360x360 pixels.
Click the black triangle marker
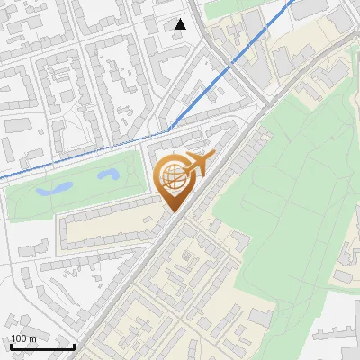coord(181,24)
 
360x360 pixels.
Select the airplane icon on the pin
coord(199,165)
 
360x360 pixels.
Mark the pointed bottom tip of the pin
coord(174,212)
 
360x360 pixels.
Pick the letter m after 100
coord(33,338)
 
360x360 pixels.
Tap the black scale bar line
coord(42,346)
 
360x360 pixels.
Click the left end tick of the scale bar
coord(11,345)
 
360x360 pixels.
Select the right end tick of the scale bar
coord(74,345)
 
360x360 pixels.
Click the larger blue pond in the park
coord(55,189)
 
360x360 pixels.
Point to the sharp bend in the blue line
coord(168,131)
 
